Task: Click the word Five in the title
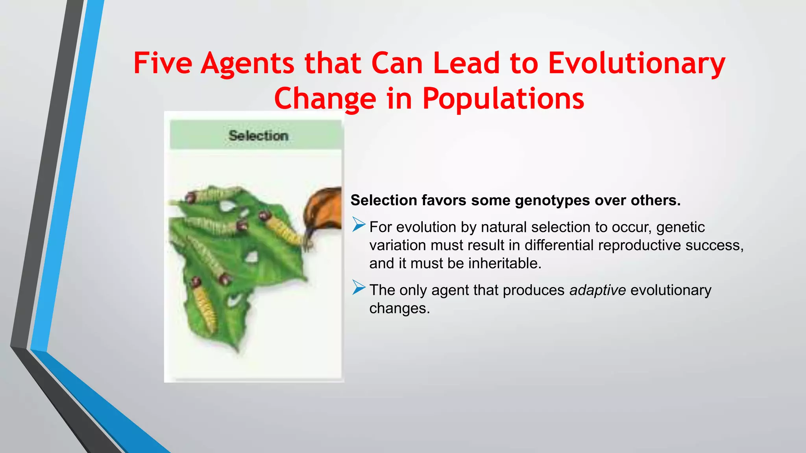pyautogui.click(x=163, y=63)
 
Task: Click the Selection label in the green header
pyautogui.click(x=258, y=136)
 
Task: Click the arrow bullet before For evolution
pyautogui.click(x=359, y=225)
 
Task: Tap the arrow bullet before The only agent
pyautogui.click(x=359, y=287)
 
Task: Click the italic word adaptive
pyautogui.click(x=597, y=290)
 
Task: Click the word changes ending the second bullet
pyautogui.click(x=399, y=308)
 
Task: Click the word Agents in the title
pyautogui.click(x=247, y=63)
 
